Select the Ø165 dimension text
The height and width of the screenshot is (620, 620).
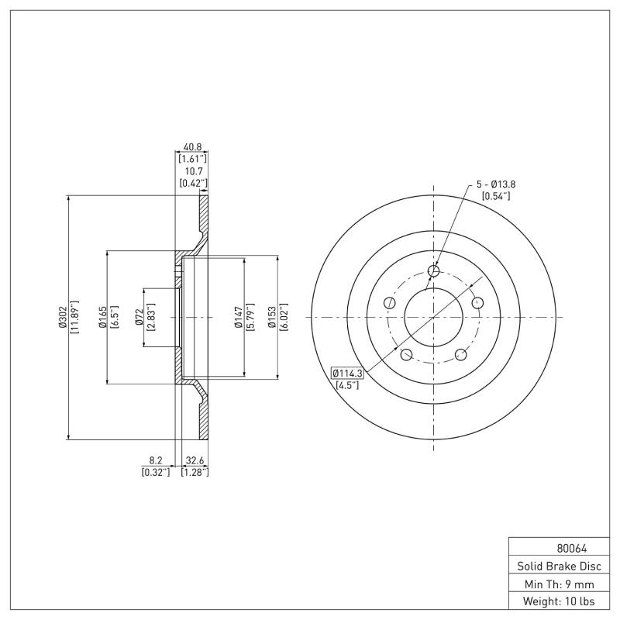coord(102,317)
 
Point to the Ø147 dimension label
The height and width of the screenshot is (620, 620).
coord(239,317)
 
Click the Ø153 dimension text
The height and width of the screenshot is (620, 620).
coord(272,317)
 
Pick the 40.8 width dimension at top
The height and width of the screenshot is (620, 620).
coord(193,146)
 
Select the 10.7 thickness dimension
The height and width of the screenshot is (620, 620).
coord(193,172)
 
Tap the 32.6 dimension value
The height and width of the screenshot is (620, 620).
coord(195,459)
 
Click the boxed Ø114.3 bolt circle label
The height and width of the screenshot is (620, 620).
coord(348,372)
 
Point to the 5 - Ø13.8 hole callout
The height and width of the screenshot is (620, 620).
coord(496,184)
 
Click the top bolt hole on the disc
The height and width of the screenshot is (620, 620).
coord(434,270)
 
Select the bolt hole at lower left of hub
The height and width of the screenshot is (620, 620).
coord(405,354)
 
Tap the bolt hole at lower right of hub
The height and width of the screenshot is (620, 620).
coord(460,354)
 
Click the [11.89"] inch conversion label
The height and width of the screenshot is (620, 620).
coord(74,317)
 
